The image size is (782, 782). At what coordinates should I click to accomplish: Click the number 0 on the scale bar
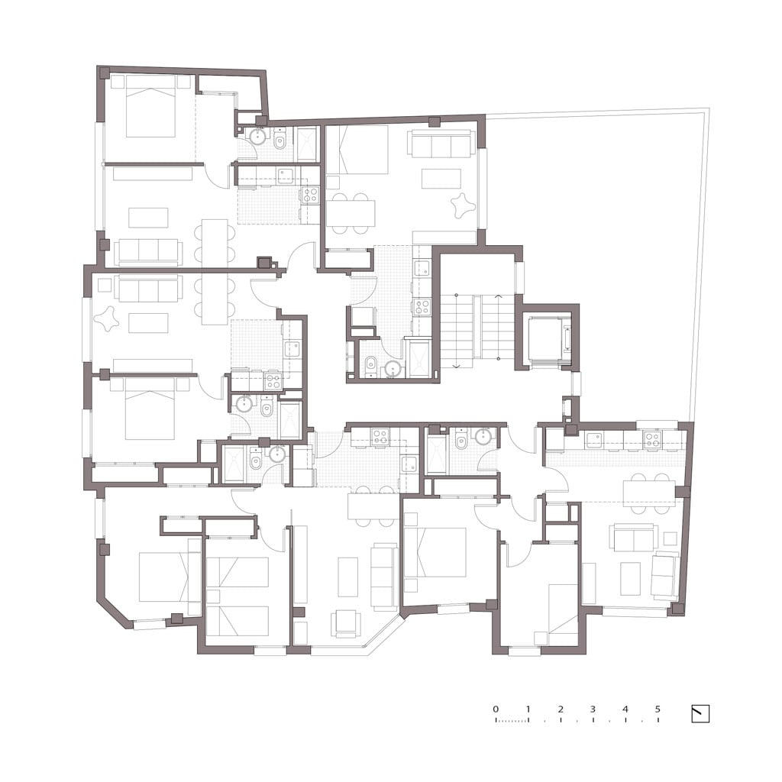[x=495, y=709]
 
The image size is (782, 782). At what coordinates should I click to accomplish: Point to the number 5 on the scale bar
[x=658, y=709]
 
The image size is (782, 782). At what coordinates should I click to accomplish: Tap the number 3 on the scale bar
[x=593, y=709]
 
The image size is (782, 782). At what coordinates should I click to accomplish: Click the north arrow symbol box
[x=700, y=714]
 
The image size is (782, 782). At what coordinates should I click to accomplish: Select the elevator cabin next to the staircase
[x=547, y=339]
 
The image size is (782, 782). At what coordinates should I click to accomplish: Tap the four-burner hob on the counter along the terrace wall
[x=652, y=438]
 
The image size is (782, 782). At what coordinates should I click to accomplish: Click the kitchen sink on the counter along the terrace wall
[x=594, y=440]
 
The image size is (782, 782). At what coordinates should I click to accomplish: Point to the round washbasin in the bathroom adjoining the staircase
[x=392, y=369]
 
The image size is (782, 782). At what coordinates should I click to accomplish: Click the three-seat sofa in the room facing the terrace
[x=441, y=144]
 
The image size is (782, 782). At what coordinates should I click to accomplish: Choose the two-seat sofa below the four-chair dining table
[x=633, y=538]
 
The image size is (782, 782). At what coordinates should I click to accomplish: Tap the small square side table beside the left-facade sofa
[x=105, y=286]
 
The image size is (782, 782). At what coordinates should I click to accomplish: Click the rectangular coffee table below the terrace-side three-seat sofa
[x=441, y=179]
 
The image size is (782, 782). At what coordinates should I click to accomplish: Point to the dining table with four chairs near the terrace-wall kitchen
[x=648, y=493]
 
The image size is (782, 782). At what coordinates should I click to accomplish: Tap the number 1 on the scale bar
[x=528, y=709]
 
